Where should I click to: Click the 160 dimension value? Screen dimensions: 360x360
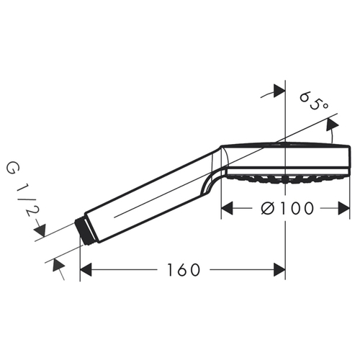pyautogui.click(x=184, y=270)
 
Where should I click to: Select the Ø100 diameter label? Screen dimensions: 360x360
pyautogui.click(x=287, y=208)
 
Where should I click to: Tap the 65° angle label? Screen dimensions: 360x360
pyautogui.click(x=313, y=101)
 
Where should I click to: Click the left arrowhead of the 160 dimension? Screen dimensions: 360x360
pyautogui.click(x=86, y=270)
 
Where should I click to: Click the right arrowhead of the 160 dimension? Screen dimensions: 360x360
pyautogui.click(x=279, y=270)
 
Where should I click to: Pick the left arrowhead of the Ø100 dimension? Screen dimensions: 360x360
pyautogui.click(x=227, y=208)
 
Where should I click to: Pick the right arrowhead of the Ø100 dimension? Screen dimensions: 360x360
pyautogui.click(x=343, y=208)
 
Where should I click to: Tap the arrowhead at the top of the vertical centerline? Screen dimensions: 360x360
pyautogui.click(x=279, y=91)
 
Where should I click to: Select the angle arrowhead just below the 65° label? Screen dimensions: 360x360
pyautogui.click(x=332, y=125)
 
